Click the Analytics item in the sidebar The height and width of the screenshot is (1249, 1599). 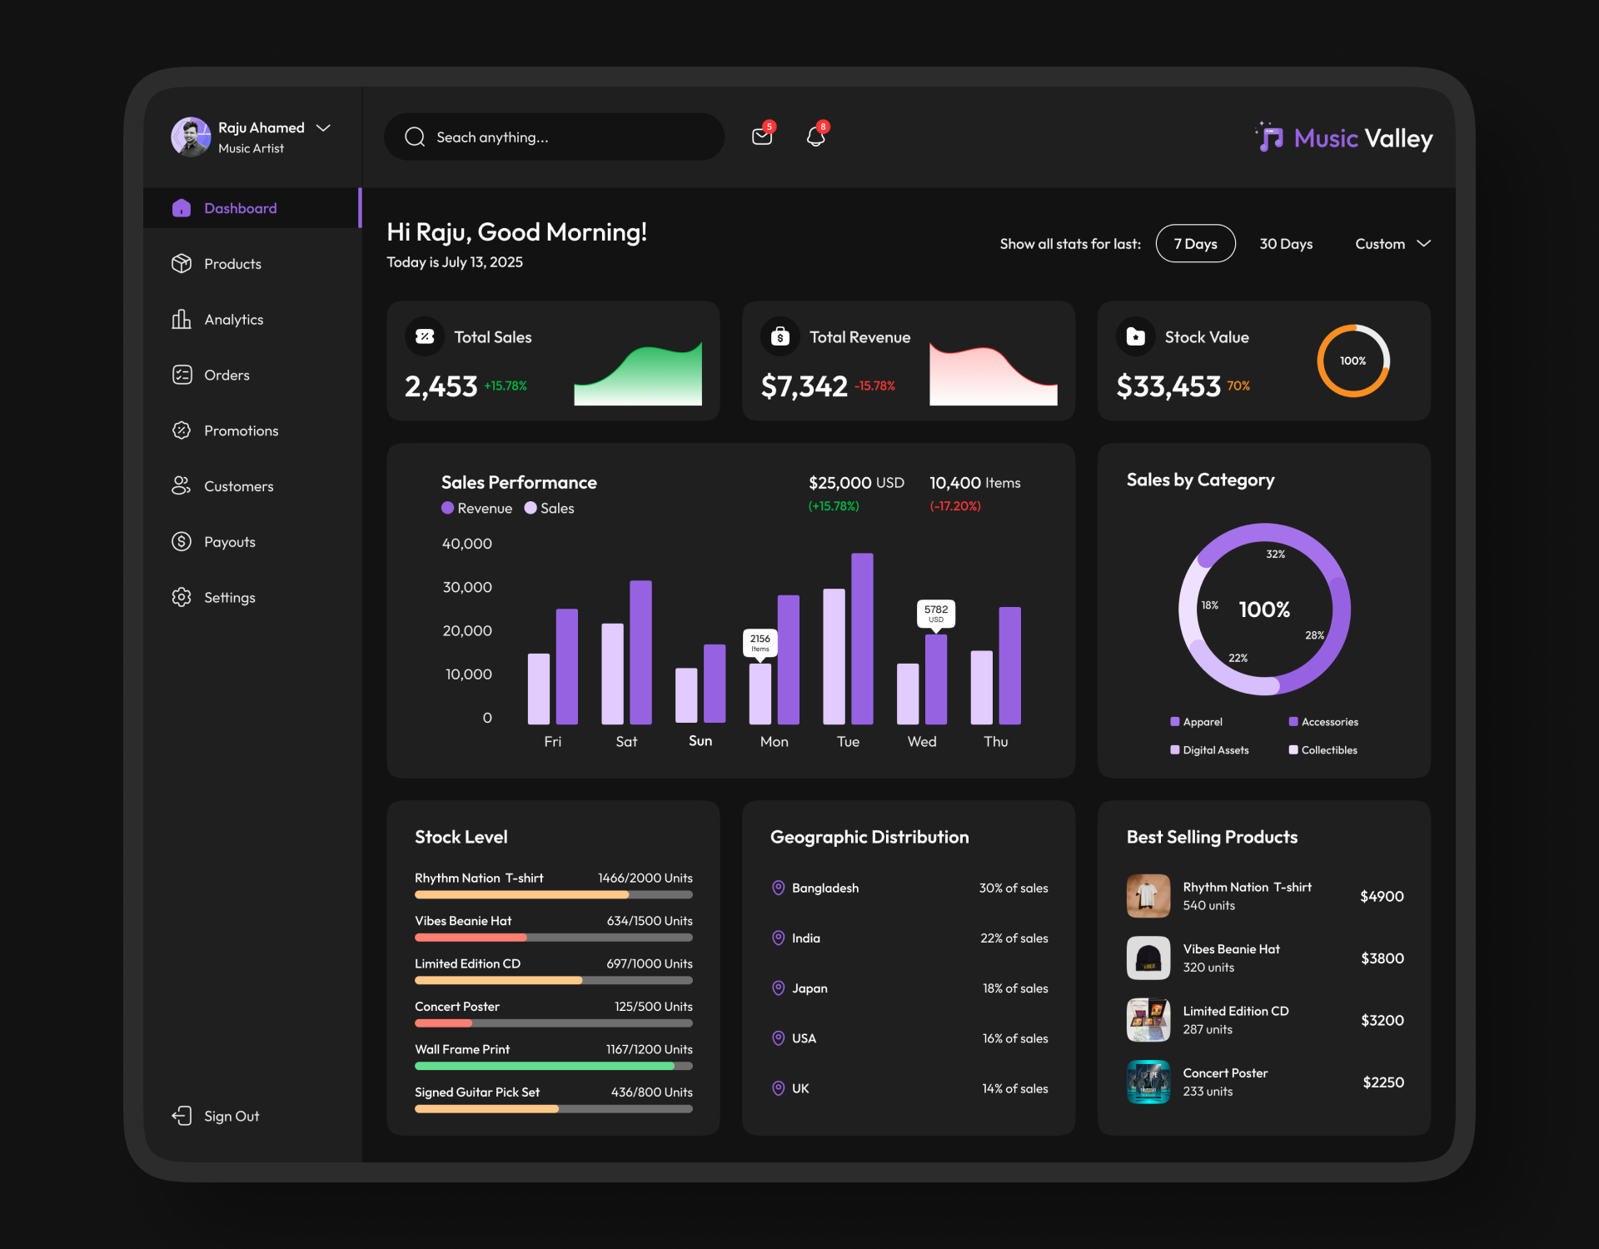(233, 320)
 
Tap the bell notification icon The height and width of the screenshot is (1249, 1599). (815, 137)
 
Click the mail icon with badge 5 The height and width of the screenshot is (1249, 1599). (761, 137)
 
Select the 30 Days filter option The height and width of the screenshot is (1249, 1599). (1285, 244)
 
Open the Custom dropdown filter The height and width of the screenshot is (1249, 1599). (1392, 244)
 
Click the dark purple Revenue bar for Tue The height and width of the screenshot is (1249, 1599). (862, 639)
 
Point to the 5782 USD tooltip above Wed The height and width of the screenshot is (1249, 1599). (935, 613)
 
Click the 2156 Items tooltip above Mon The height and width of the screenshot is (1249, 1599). (760, 642)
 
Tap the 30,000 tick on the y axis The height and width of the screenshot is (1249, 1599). (467, 587)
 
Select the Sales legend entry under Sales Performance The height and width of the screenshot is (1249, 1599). (550, 508)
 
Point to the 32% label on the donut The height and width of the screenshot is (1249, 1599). (1275, 555)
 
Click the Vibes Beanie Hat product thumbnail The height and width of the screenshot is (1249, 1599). (1148, 958)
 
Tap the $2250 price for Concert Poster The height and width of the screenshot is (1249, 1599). (1382, 1082)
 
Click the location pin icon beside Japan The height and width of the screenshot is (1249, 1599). (778, 988)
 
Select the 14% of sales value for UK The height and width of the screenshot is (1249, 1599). (1014, 1088)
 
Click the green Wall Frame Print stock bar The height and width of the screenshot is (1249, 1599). (545, 1066)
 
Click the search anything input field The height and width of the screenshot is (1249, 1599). (554, 137)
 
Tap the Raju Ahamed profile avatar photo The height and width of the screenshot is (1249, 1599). (191, 137)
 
